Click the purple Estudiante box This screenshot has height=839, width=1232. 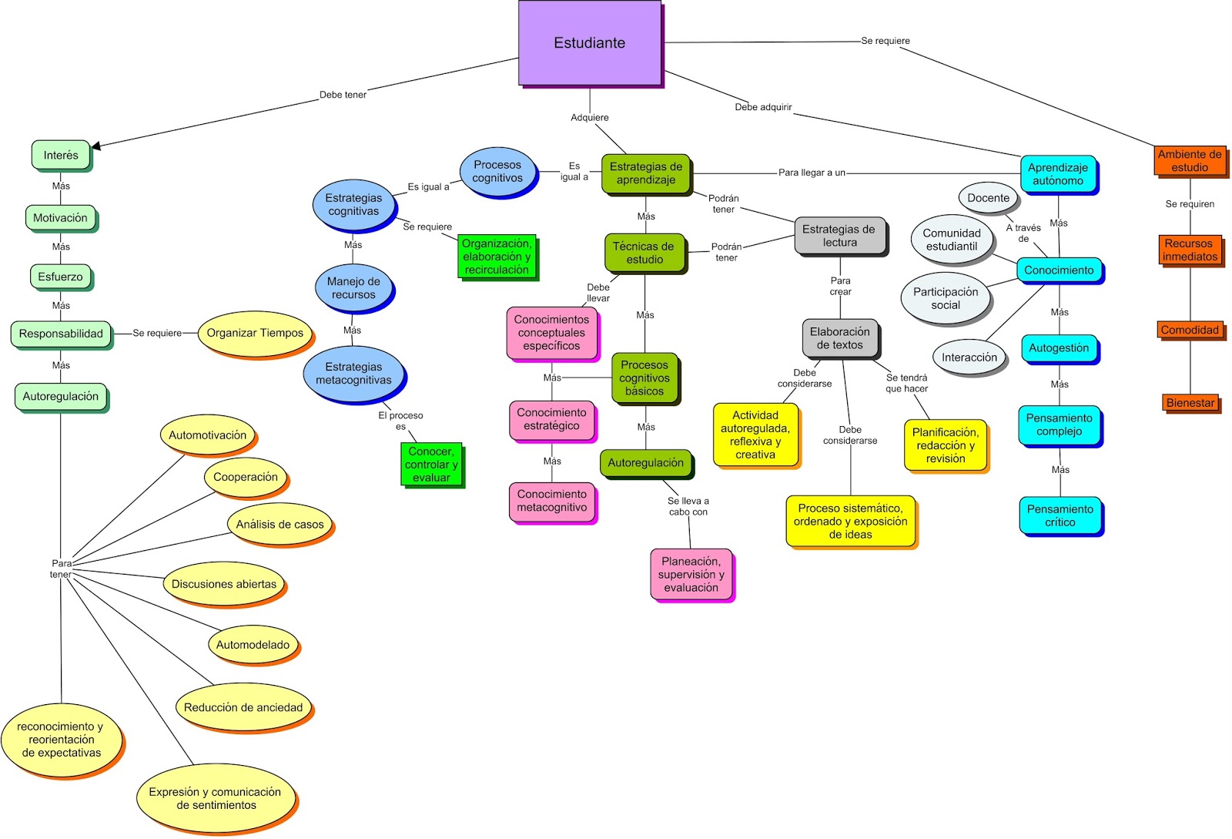589,42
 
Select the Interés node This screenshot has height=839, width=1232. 61,155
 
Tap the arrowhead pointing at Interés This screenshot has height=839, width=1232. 96,145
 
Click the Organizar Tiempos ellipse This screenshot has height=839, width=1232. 255,333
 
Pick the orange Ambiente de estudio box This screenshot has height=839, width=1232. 1190,160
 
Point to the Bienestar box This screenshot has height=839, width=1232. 1190,402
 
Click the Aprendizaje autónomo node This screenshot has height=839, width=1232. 1058,174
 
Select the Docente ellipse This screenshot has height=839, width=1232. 988,198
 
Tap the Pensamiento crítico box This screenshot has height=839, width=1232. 1060,515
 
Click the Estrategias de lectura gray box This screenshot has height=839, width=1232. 839,236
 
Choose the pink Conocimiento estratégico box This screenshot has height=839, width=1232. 551,419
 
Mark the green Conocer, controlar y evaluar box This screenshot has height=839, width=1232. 431,464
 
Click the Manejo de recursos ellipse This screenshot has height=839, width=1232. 353,288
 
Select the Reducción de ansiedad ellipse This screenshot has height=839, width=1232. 243,707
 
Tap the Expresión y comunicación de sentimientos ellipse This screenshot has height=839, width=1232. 216,798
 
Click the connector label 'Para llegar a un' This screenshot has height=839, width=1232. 812,173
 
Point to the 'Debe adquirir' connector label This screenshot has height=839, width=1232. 763,107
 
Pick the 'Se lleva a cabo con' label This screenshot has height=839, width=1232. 688,506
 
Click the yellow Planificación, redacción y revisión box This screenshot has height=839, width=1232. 946,445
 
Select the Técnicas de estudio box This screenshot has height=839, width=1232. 644,253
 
